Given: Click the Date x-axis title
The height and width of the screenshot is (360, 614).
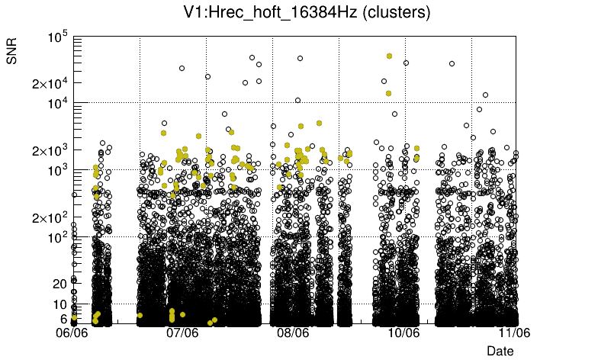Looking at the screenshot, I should pyautogui.click(x=500, y=350).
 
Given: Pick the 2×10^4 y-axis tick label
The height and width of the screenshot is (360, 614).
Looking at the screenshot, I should pyautogui.click(x=50, y=83).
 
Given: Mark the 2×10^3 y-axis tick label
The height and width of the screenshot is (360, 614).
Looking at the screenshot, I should pyautogui.click(x=50, y=150).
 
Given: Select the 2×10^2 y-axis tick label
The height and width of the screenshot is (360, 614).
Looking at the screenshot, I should pyautogui.click(x=50, y=218).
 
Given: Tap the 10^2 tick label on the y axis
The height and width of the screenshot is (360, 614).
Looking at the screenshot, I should pyautogui.click(x=57, y=238).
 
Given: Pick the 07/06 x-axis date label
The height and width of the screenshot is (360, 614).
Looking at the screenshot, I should pyautogui.click(x=183, y=333).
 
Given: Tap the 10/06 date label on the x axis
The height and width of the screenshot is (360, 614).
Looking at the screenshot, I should pyautogui.click(x=404, y=333).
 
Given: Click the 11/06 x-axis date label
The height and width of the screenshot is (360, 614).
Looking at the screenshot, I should pyautogui.click(x=514, y=333).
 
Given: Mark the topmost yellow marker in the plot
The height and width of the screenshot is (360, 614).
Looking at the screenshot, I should pyautogui.click(x=389, y=56).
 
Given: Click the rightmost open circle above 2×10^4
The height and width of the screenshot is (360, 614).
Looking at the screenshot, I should pyautogui.click(x=452, y=63).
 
